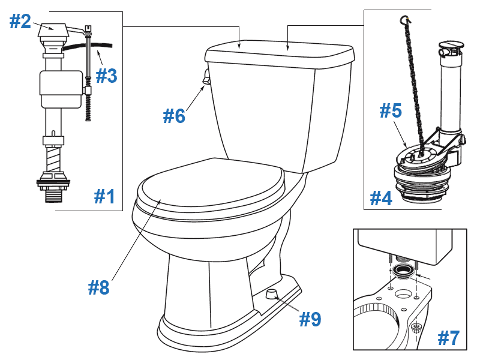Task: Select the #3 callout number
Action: pyautogui.click(x=107, y=76)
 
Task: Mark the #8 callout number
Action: pyautogui.click(x=98, y=288)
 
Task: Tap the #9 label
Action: pyautogui.click(x=310, y=319)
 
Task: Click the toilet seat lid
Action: pyautogui.click(x=210, y=186)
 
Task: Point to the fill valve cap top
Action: pyautogui.click(x=52, y=28)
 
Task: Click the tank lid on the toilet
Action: pyautogui.click(x=280, y=55)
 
